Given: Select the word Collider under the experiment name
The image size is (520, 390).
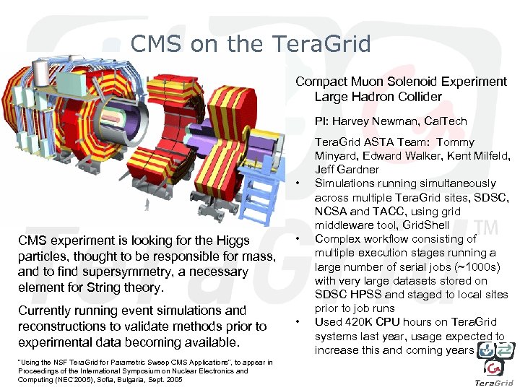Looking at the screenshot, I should click(417, 96).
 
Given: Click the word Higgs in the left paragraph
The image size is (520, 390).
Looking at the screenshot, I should click(233, 240).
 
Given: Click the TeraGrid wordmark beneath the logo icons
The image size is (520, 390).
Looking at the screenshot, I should click(494, 382).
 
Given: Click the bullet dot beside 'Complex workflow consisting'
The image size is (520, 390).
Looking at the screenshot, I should click(298, 239).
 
